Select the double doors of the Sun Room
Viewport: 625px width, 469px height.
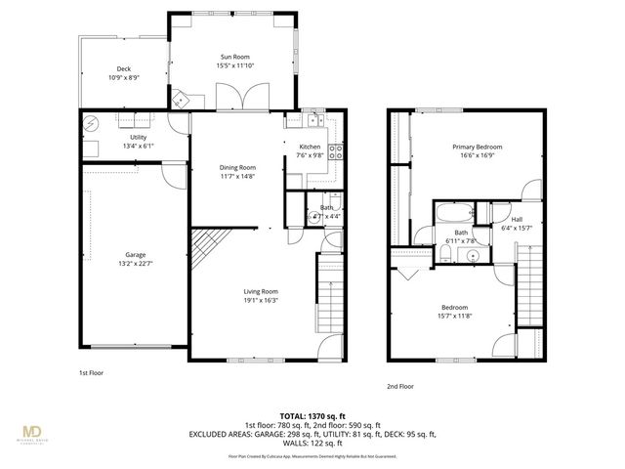click(237, 97)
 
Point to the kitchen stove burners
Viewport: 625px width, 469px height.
click(334, 151)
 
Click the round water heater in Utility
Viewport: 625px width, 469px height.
click(92, 124)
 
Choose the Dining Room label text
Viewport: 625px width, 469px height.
click(237, 168)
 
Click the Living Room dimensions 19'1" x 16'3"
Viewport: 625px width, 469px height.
click(261, 300)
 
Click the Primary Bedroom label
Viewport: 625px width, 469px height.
click(483, 147)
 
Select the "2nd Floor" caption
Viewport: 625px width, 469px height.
click(400, 386)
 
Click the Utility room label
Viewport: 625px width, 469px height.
click(125, 137)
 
